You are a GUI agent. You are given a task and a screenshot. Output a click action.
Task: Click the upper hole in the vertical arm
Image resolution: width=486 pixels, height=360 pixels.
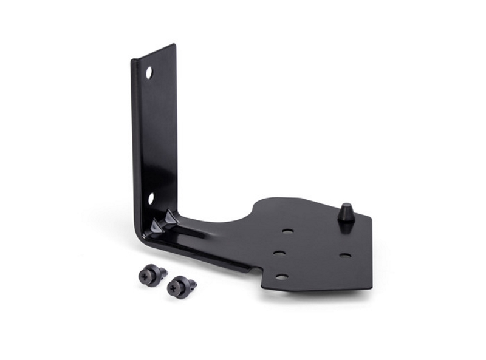point(149,72)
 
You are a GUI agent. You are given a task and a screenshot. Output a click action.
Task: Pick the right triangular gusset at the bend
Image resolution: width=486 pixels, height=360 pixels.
point(171,216)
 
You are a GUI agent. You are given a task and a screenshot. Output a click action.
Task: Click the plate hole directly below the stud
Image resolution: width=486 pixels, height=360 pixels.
point(344,255)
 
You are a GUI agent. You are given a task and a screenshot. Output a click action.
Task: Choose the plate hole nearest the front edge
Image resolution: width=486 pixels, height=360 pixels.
point(282,277)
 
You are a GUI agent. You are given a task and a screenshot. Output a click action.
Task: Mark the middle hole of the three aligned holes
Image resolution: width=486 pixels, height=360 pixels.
point(279,253)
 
